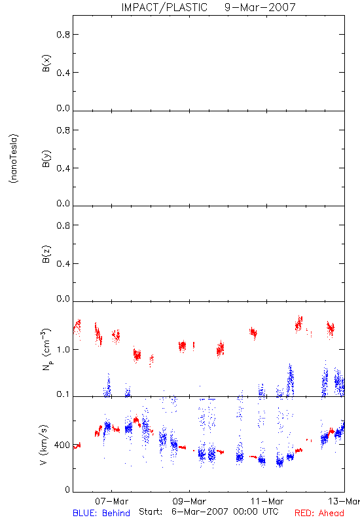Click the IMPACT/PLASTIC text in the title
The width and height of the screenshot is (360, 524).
(x=164, y=7)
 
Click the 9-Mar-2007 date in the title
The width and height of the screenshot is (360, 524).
(x=260, y=7)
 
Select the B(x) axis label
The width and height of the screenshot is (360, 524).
(x=46, y=63)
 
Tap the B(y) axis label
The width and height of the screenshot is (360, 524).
(x=46, y=159)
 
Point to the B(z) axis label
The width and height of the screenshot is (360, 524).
(x=46, y=254)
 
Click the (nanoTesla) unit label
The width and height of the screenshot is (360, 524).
(x=14, y=159)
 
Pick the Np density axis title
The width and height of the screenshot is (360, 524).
(x=46, y=349)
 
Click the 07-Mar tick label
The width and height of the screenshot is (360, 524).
(x=111, y=501)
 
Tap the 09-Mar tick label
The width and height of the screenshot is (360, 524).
(x=189, y=501)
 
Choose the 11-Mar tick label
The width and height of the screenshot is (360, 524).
(x=267, y=501)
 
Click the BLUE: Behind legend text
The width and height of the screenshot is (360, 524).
(x=101, y=513)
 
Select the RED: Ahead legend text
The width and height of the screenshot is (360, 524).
(x=319, y=513)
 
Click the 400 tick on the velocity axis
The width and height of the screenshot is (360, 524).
(x=62, y=445)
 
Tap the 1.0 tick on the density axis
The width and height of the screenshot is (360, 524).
(x=63, y=350)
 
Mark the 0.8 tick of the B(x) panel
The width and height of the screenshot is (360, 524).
(x=63, y=35)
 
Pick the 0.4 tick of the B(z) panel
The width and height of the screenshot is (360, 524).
(x=63, y=264)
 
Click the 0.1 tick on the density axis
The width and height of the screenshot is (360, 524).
(x=63, y=394)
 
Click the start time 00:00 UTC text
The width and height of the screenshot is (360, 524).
(x=256, y=512)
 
